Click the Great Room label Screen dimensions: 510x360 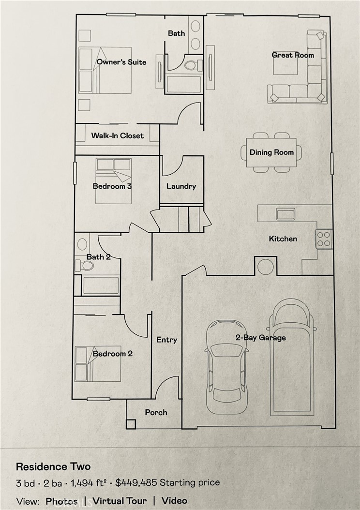[x=292, y=55]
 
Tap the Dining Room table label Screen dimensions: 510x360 [x=271, y=152]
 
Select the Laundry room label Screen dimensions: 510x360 [x=181, y=186]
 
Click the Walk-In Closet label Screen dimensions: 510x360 [x=118, y=136]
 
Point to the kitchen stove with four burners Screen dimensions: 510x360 [x=324, y=239]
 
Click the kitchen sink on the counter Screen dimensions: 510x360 [x=285, y=213]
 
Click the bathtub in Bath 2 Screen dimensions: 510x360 [x=101, y=285]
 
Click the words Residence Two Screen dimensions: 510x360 [x=53, y=467]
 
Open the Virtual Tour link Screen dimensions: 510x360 [x=120, y=500]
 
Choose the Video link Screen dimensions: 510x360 [x=174, y=500]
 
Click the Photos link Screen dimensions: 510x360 [x=61, y=500]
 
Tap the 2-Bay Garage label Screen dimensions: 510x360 [x=260, y=338]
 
